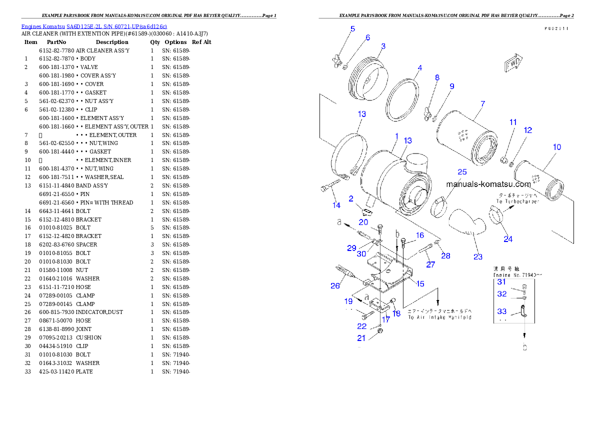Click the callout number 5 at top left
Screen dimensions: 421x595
[x=352, y=28]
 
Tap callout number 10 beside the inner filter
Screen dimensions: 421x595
[x=557, y=147]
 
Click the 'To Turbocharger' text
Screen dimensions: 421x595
[x=517, y=201]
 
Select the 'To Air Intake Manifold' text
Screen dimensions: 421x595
[x=439, y=317]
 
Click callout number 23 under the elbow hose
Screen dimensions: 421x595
[x=478, y=256]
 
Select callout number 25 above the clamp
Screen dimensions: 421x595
[x=462, y=171]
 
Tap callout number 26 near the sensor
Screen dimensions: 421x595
[x=335, y=285]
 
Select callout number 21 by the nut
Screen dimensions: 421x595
[x=361, y=338]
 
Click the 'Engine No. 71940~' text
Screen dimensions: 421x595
[x=517, y=274]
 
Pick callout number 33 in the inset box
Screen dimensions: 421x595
[x=501, y=311]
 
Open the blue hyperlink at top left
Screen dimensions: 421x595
[x=94, y=26]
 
